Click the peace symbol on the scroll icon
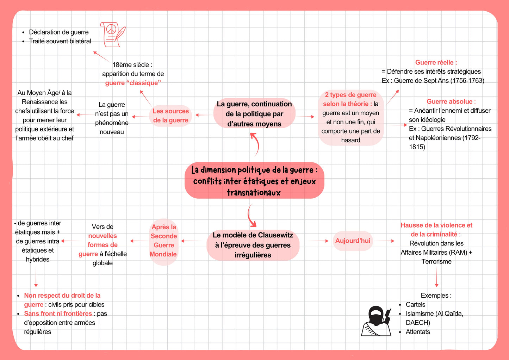pos(111,29)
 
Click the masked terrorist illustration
pos(376,321)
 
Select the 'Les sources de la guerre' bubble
pos(170,116)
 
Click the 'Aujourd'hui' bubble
pos(353,241)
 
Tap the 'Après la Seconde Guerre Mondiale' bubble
pos(163,241)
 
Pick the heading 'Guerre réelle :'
pos(436,62)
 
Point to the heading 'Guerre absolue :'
pos(451,101)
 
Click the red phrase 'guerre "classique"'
pos(133,83)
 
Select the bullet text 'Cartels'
pos(415,305)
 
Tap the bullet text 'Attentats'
pos(418,332)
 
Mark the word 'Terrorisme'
pos(436,262)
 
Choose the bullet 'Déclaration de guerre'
pos(58,32)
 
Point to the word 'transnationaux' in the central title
pos(254,192)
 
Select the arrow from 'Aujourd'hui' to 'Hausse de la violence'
pos(384,241)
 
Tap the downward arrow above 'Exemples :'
pos(436,277)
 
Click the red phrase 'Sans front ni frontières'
pos(58,314)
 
